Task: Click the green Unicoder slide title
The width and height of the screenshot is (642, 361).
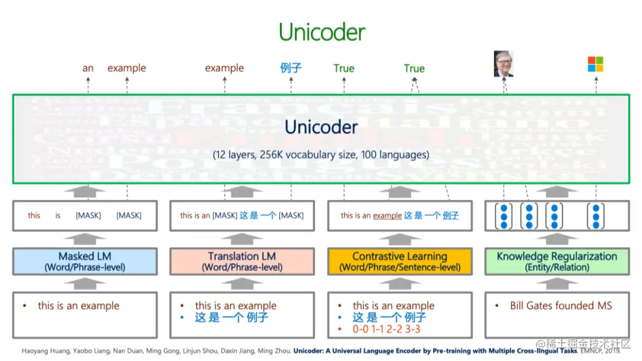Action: coord(322,32)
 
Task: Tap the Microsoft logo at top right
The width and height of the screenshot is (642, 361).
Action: coord(595,64)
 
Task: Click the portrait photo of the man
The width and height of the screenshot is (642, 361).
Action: coord(503,64)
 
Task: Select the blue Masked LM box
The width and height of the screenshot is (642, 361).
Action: coord(85,261)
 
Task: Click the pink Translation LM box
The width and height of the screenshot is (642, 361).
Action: coord(242,261)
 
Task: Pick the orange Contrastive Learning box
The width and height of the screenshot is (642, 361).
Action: coord(399,261)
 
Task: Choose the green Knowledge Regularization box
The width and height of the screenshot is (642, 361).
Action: coord(557,261)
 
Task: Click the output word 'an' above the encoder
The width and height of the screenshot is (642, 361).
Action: coord(88,68)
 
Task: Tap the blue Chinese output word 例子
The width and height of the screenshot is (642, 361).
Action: coord(291,68)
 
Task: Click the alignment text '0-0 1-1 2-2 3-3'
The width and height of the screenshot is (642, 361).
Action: coord(386,329)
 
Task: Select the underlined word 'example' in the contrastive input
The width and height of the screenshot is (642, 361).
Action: coord(387,215)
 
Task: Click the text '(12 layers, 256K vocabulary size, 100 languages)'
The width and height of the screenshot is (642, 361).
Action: coord(321,155)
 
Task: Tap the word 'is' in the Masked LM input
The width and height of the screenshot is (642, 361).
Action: coord(58,215)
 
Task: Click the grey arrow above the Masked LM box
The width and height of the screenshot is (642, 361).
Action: coord(85,239)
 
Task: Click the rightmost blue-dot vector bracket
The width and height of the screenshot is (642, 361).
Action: coord(596,216)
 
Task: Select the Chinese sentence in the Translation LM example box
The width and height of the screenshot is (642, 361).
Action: coord(231,318)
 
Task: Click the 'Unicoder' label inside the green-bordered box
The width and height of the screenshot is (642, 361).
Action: coord(321,127)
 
